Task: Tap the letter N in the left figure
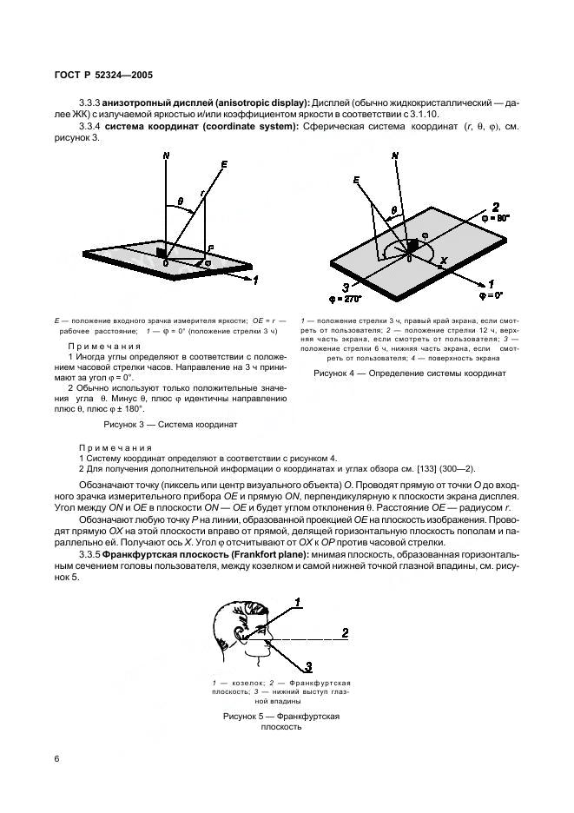(164, 155)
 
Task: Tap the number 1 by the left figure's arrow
(256, 281)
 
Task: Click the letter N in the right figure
(396, 156)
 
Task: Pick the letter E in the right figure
(356, 181)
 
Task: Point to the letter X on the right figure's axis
(445, 261)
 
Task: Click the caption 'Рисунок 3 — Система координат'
(170, 425)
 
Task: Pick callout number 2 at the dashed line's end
(346, 631)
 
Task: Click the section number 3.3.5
(89, 554)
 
